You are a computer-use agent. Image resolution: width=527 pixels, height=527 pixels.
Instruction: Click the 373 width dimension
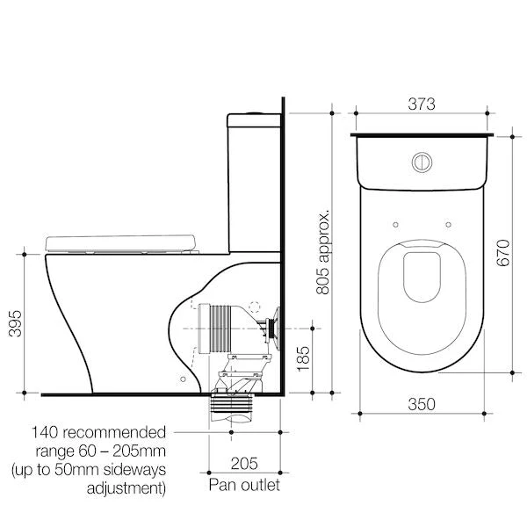(x=422, y=104)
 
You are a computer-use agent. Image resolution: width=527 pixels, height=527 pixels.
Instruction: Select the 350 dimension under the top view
(x=422, y=405)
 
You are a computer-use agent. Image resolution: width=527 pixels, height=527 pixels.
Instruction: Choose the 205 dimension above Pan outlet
(x=243, y=466)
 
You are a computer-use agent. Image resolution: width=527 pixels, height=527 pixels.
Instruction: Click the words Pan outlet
(x=243, y=485)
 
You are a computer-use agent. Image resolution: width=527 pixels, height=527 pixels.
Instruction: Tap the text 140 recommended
(x=98, y=433)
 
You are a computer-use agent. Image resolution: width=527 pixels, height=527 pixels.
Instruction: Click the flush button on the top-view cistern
(x=422, y=163)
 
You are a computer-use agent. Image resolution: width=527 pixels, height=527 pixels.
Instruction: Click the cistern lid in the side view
(x=254, y=117)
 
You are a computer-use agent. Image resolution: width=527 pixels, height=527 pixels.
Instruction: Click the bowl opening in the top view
(x=422, y=281)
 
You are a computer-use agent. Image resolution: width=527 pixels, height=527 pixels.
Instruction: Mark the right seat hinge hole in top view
(x=451, y=222)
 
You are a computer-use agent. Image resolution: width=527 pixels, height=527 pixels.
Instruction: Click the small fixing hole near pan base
(x=182, y=378)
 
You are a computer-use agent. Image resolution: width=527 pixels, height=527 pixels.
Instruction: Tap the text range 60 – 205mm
(x=98, y=451)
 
